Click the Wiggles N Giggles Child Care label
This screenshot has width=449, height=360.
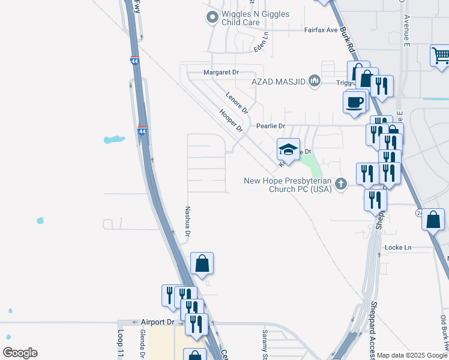[x=247, y=18]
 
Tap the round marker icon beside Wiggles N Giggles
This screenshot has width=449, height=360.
[x=211, y=18]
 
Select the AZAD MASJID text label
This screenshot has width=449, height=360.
[x=279, y=80]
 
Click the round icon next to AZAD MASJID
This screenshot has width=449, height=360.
[x=314, y=80]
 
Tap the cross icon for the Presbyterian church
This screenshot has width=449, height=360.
[x=341, y=184]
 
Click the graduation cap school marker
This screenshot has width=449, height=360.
[x=288, y=149]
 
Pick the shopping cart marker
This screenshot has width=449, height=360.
[x=441, y=55]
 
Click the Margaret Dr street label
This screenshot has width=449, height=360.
[x=221, y=72]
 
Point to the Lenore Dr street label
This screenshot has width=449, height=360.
[x=237, y=102]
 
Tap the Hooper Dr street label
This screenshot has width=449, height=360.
[x=231, y=121]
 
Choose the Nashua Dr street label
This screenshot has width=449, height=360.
[x=187, y=221]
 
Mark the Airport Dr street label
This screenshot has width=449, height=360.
[x=157, y=322]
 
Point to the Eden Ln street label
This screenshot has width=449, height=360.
[x=261, y=42]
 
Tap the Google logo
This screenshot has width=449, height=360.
[x=20, y=353]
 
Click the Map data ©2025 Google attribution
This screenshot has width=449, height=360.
[x=412, y=355]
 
